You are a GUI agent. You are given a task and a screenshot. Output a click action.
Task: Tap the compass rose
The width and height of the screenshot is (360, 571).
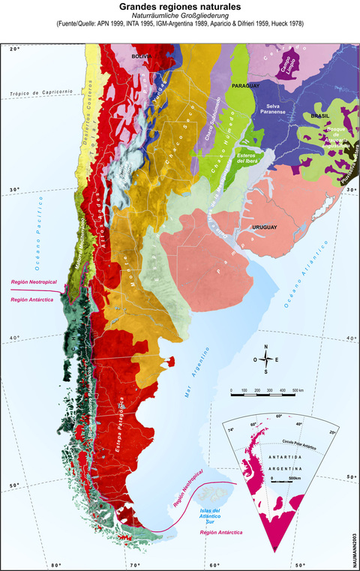click(x=266, y=359)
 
